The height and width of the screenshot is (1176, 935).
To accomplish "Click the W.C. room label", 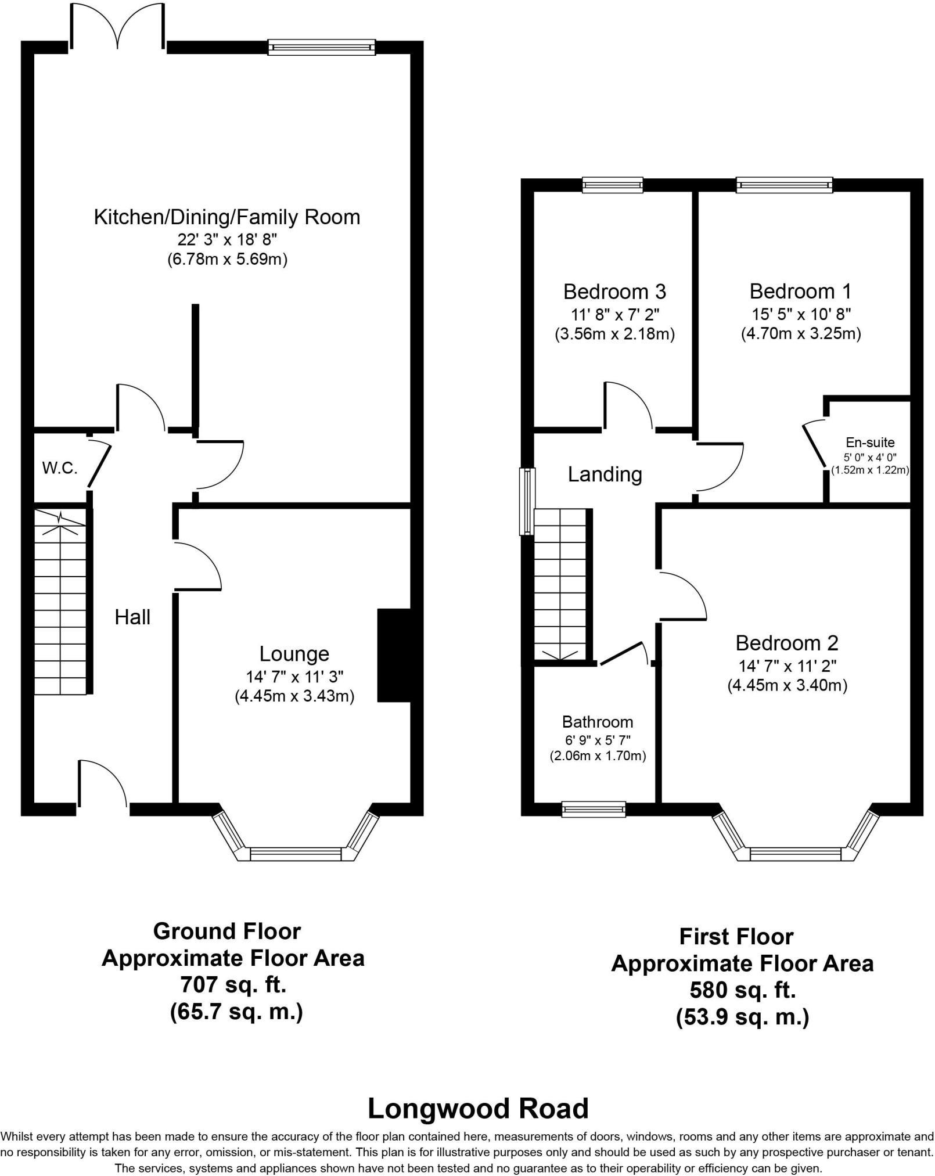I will click(x=60, y=467).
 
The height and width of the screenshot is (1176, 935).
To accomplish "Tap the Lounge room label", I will click(x=294, y=654).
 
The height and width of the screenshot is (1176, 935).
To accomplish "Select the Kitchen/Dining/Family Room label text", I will click(x=227, y=217).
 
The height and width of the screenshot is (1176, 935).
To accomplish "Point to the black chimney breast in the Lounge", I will click(x=394, y=655).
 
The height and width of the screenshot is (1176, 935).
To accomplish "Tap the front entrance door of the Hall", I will click(x=102, y=784).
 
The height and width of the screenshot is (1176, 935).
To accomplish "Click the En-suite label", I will click(x=869, y=443).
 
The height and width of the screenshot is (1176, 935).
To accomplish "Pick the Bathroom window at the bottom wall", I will click(x=594, y=809).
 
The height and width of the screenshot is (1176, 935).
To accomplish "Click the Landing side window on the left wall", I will click(x=527, y=501).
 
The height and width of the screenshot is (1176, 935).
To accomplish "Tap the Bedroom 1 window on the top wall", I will click(x=784, y=185).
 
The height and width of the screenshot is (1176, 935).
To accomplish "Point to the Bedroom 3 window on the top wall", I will click(x=613, y=185).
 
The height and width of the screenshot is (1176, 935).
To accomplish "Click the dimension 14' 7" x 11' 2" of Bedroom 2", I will click(x=787, y=666).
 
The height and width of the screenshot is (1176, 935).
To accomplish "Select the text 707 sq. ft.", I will click(x=233, y=985).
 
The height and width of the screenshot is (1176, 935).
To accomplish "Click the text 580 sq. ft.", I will click(x=742, y=990).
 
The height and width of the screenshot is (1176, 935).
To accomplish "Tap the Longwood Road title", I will click(x=478, y=1109).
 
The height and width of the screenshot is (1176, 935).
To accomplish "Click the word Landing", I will click(x=605, y=474).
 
